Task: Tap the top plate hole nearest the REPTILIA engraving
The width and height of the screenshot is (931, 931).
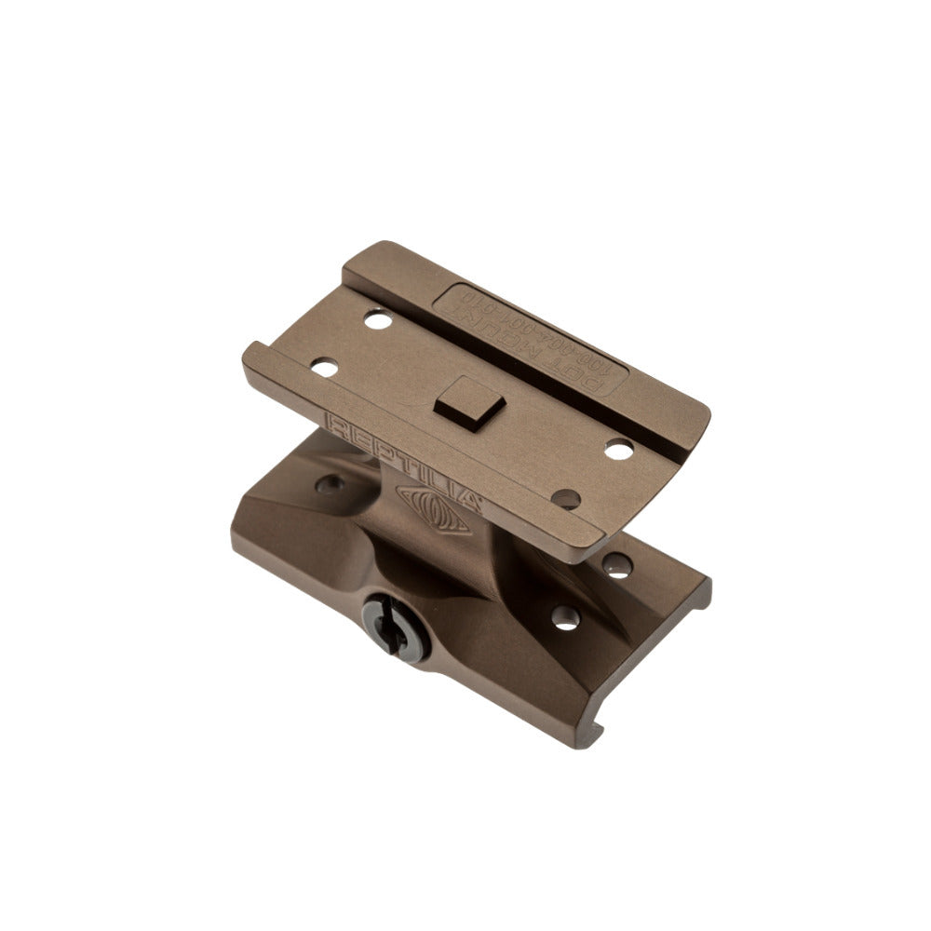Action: click(324, 368)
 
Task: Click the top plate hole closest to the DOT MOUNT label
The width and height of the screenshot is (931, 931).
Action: click(377, 320)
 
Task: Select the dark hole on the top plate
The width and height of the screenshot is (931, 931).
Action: click(565, 499)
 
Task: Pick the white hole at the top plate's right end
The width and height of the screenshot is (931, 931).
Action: click(619, 449)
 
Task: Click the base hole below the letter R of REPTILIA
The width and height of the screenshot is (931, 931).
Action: click(329, 484)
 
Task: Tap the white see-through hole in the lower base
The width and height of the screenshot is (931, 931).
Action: click(565, 617)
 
